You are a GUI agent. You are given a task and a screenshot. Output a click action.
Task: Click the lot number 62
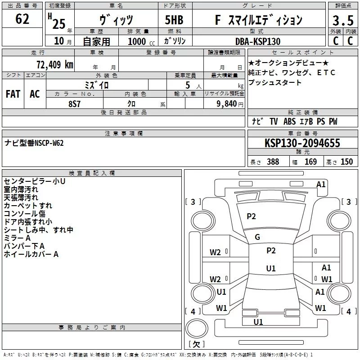click(22, 19)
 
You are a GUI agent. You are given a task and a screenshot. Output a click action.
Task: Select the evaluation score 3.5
click(342, 20)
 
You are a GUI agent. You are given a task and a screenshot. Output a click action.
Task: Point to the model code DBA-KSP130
click(257, 41)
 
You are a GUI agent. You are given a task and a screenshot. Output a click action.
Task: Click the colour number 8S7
click(75, 103)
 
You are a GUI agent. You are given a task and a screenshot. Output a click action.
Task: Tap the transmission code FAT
click(13, 94)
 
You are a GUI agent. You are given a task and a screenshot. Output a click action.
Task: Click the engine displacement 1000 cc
click(136, 41)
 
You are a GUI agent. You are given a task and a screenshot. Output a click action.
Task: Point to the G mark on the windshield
click(257, 237)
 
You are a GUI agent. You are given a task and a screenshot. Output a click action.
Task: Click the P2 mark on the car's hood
click(251, 216)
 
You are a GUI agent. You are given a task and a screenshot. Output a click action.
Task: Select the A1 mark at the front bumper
click(321, 184)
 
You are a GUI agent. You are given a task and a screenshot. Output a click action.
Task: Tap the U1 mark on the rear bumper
click(258, 322)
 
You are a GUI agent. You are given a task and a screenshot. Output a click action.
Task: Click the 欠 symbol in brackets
click(196, 345)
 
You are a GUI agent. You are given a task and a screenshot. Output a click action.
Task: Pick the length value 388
click(273, 162)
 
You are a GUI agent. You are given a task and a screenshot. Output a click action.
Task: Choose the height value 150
click(346, 162)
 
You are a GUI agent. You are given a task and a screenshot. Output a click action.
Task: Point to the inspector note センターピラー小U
click(34, 181)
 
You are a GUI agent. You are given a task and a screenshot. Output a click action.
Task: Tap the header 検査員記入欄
click(92, 173)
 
